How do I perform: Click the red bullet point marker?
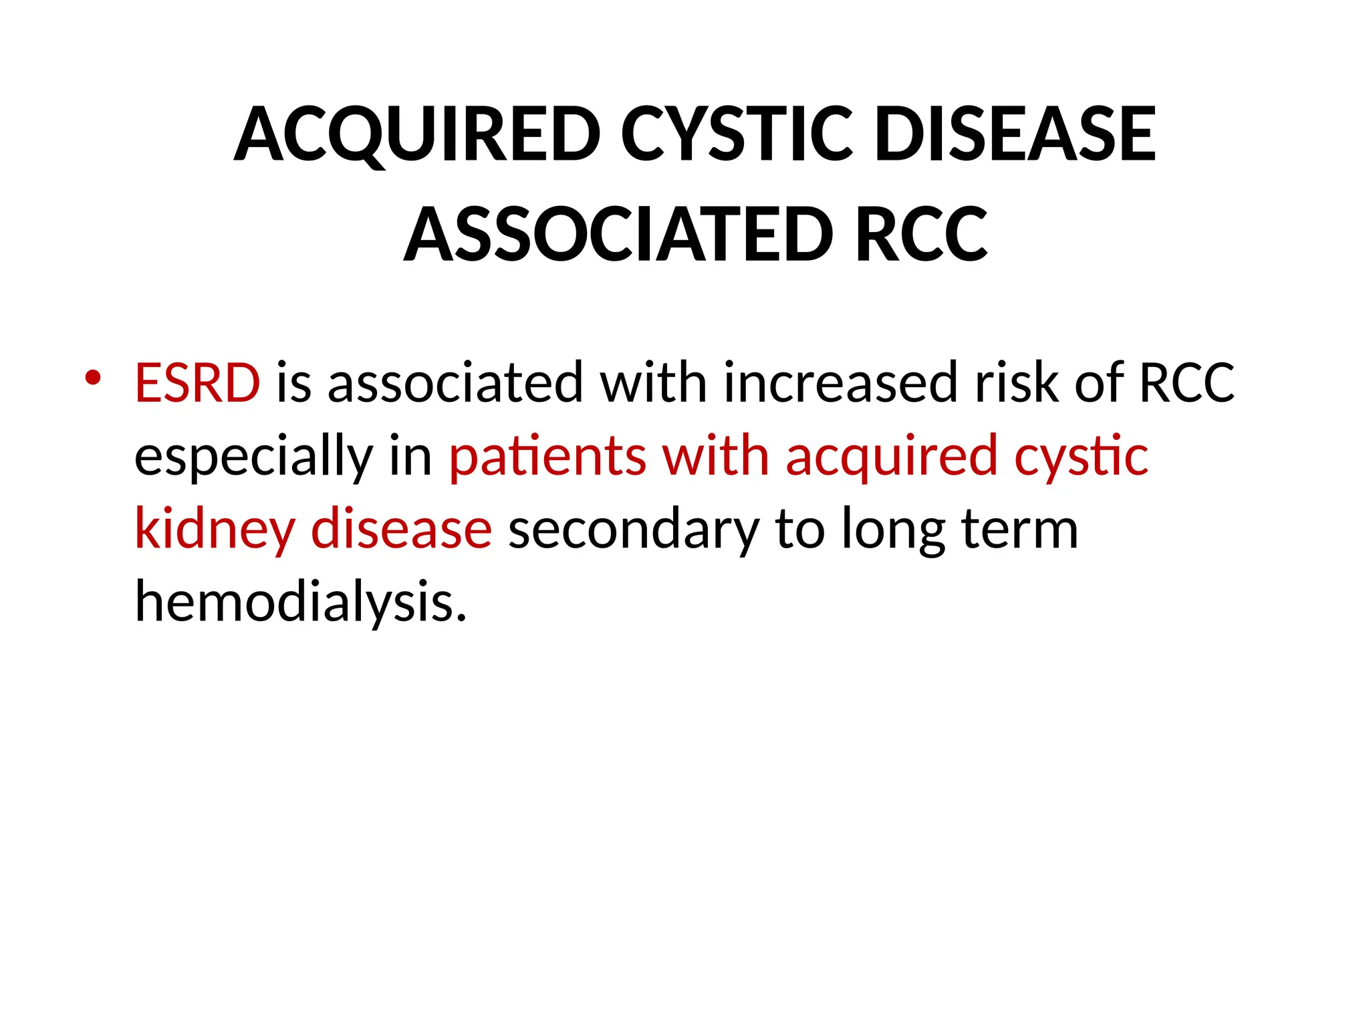(93, 378)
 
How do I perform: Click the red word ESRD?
(197, 383)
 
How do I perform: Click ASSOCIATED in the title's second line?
(618, 235)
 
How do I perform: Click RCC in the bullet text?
(1187, 383)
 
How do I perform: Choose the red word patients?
(547, 457)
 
